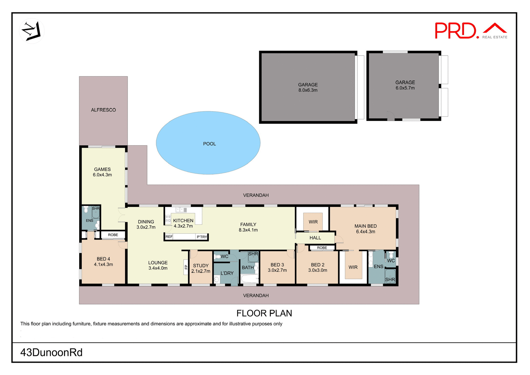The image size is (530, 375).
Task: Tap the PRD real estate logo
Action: [471, 31]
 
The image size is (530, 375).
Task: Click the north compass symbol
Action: [32, 31]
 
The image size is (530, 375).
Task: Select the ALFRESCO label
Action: [104, 110]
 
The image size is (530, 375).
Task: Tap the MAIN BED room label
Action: [365, 226]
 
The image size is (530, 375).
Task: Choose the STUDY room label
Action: [201, 266]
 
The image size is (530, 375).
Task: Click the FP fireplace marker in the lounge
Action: [186, 267]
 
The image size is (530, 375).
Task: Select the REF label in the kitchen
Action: [169, 237]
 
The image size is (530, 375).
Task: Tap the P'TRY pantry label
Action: [202, 237]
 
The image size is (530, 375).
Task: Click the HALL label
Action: [315, 238]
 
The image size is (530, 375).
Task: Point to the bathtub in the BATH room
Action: [250, 279]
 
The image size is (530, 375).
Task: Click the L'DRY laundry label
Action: [227, 273]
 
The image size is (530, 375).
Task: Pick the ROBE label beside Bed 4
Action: [113, 235]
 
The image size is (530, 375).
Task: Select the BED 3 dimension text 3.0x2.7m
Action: [277, 270]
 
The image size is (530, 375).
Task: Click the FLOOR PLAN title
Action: [264, 313]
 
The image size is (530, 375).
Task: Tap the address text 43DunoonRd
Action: [52, 353]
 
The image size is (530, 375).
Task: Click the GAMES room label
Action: [102, 169]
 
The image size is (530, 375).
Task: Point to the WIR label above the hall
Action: [313, 222]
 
